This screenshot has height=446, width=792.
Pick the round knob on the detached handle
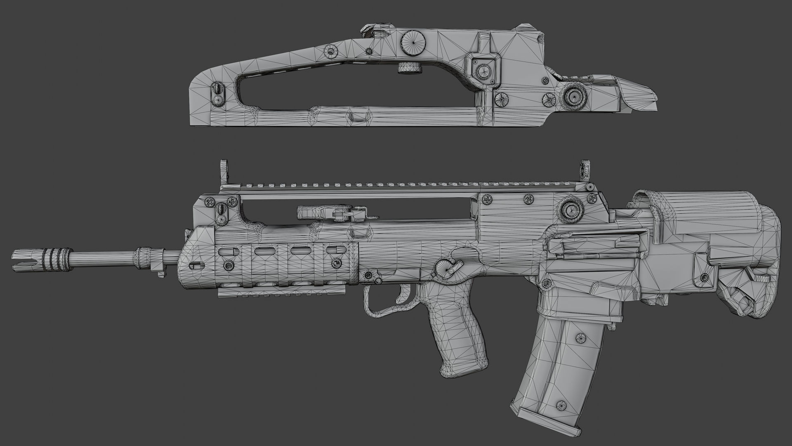click(573, 96)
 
